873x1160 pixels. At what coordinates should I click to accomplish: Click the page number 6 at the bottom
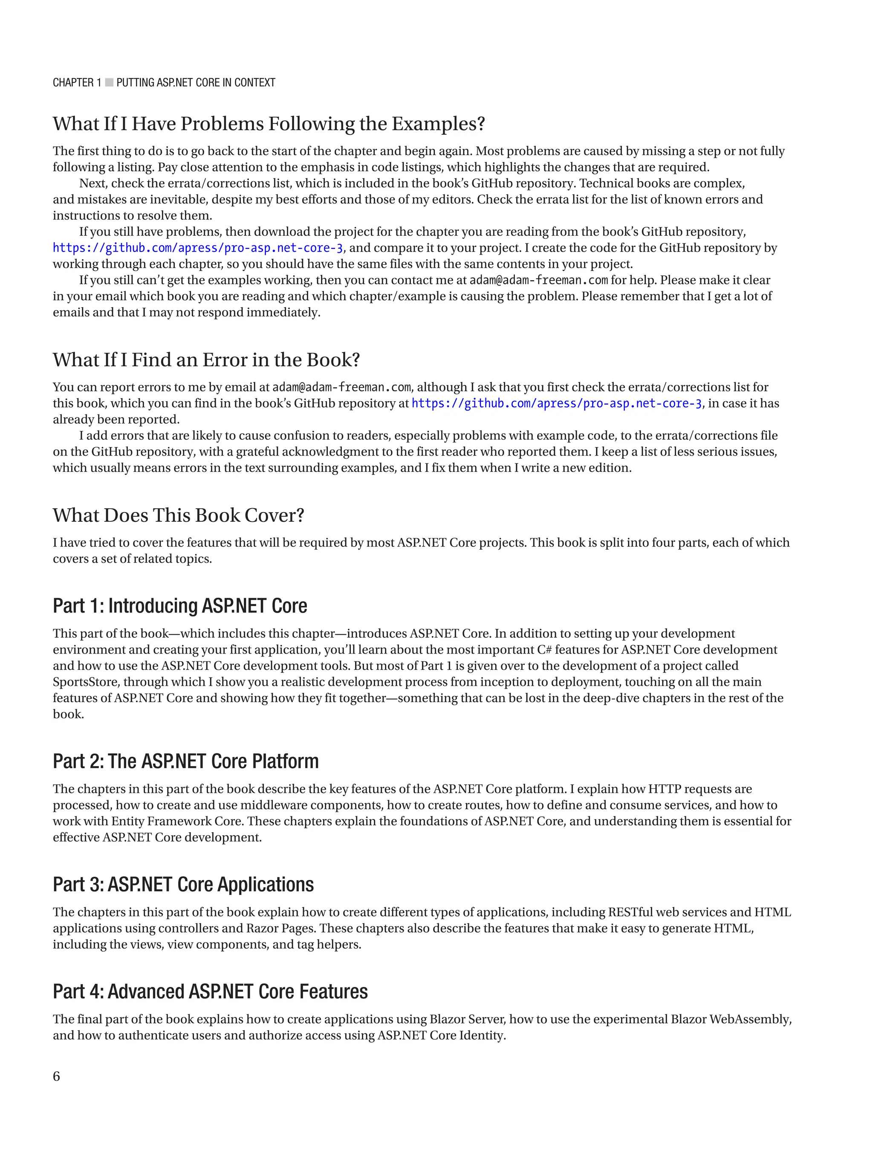click(57, 1076)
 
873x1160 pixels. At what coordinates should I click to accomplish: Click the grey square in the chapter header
click(109, 82)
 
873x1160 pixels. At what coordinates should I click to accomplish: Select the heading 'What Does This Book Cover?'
click(178, 515)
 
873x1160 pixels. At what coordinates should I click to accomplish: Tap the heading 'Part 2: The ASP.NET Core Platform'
click(185, 761)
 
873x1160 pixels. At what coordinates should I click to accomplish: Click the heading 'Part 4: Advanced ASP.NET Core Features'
click(210, 991)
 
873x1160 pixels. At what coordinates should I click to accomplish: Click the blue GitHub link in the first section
click(198, 248)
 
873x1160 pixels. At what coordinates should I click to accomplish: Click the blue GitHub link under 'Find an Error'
click(556, 403)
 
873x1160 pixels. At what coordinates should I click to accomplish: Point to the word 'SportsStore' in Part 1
click(84, 682)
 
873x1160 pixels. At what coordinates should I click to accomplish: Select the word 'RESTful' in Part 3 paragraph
click(630, 912)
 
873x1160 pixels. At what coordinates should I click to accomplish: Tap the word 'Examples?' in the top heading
click(438, 124)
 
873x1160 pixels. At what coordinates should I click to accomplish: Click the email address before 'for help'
click(538, 280)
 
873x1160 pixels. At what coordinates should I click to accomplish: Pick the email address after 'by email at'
click(341, 387)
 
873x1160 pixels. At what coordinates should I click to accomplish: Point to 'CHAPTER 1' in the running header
click(77, 82)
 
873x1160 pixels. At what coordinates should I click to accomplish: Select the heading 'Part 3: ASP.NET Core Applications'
click(183, 884)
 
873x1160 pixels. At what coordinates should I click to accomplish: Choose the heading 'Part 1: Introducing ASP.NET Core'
click(180, 606)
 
